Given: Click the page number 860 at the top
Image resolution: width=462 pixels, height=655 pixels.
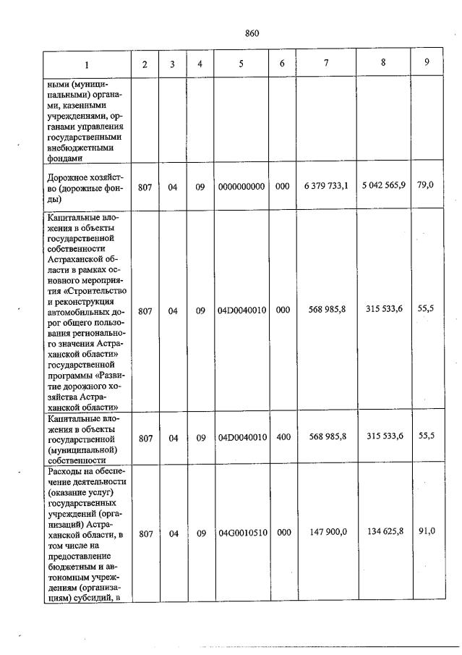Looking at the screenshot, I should [x=252, y=33].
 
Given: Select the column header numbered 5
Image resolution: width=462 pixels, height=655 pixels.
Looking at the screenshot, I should [x=241, y=64].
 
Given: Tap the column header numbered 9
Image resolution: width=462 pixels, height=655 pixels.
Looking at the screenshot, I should [x=427, y=62].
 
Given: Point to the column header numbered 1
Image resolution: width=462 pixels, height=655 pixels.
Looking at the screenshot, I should [x=87, y=64].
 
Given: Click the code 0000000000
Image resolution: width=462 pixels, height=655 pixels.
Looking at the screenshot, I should [x=241, y=186].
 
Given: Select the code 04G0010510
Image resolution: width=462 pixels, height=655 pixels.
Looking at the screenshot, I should [x=241, y=533].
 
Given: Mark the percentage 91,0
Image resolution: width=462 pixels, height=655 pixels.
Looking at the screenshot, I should [x=426, y=532].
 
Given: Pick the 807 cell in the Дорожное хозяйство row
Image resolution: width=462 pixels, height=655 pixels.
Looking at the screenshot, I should [x=145, y=186].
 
